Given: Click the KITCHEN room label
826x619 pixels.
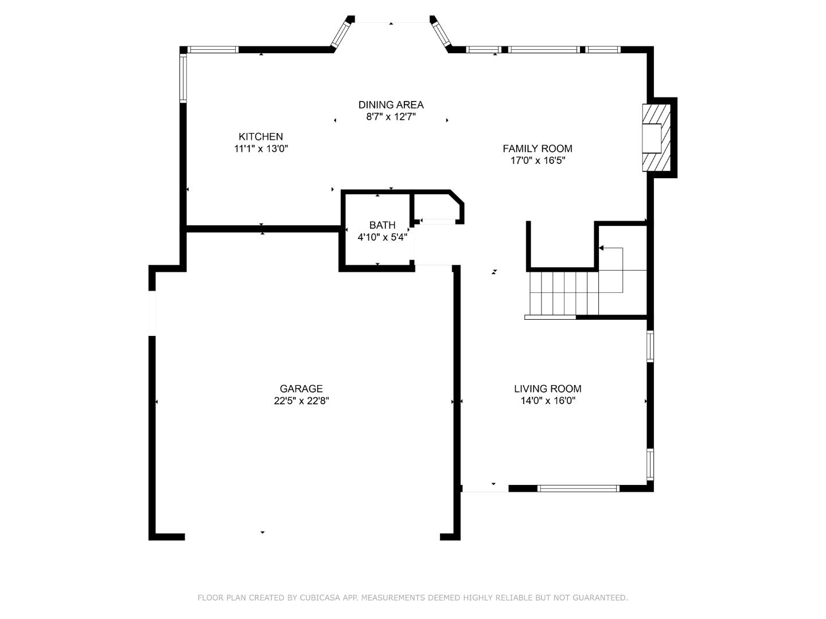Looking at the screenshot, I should (260, 136).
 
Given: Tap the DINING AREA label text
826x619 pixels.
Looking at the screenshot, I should (391, 104).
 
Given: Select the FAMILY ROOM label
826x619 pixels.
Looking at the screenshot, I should (537, 148).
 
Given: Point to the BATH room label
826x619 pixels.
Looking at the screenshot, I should (382, 225).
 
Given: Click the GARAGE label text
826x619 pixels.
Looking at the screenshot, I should (301, 389).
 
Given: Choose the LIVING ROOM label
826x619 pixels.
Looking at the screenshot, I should (547, 389).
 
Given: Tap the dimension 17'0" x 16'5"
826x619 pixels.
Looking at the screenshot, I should (537, 161).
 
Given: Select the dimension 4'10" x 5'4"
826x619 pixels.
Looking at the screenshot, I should (382, 237).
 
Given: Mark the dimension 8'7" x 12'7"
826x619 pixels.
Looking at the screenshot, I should (391, 117).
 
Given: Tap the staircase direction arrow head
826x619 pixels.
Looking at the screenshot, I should (601, 248).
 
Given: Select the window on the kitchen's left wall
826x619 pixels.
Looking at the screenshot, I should (183, 77).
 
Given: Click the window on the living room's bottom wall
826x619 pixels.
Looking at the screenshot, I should (578, 488).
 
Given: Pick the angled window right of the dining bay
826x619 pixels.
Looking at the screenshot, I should (441, 33).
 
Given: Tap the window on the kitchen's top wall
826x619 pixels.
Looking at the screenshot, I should (213, 50).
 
